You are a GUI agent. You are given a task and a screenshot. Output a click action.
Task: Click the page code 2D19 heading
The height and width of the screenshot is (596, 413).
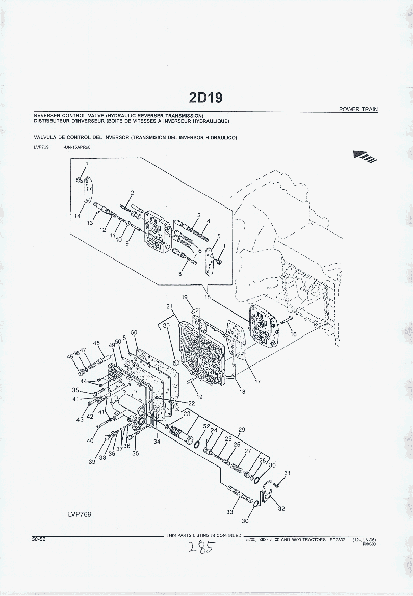(206, 98)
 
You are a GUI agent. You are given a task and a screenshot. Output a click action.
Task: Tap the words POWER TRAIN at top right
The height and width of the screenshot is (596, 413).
(358, 110)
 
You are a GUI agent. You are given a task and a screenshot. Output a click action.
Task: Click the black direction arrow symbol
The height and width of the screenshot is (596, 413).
(365, 156)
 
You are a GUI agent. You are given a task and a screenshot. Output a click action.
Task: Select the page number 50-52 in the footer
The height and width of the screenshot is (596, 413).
(39, 539)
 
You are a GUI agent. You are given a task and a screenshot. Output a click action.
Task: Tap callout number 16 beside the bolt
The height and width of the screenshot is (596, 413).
(293, 334)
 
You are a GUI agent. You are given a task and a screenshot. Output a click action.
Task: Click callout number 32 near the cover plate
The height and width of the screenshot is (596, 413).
(281, 509)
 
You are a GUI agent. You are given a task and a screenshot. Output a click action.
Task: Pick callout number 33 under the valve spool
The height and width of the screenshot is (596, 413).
(229, 512)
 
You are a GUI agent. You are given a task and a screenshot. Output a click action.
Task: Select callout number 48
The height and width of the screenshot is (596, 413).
(96, 343)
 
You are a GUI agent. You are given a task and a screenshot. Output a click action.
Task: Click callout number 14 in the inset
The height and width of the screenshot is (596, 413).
(77, 216)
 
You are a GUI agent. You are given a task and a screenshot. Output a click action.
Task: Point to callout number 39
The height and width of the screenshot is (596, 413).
(92, 462)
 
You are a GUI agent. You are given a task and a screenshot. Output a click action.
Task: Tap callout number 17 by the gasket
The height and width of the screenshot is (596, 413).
(257, 382)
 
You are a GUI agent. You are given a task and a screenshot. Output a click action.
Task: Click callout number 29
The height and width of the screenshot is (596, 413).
(242, 430)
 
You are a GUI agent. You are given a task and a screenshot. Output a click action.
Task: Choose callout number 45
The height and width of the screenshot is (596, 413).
(70, 356)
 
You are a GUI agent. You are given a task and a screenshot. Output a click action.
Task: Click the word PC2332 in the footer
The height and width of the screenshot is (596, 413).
(338, 540)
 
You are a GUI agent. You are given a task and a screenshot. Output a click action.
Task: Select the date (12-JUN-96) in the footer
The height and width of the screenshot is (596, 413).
(364, 540)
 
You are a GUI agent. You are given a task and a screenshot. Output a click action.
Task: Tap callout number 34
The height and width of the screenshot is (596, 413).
(157, 442)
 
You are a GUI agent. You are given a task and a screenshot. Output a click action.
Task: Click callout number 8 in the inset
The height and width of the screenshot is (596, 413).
(180, 274)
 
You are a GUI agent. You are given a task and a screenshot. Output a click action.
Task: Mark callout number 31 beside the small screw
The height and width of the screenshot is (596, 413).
(287, 473)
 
